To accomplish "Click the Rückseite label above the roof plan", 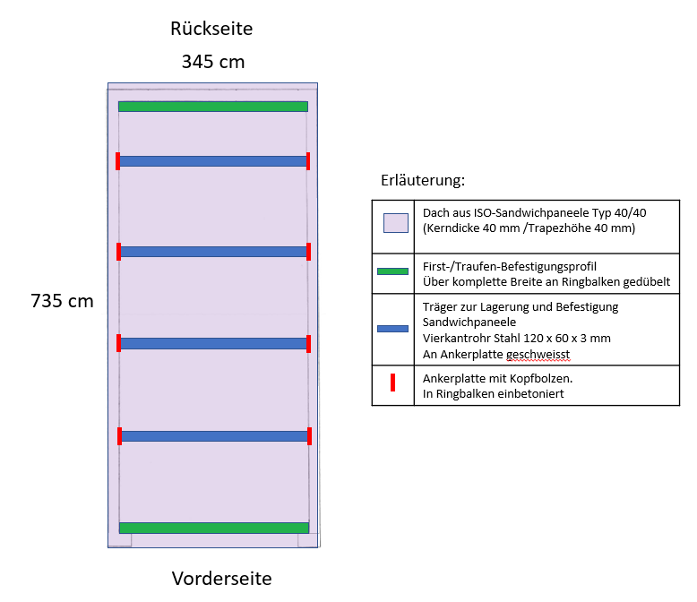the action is click(x=211, y=29).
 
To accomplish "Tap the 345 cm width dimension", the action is click(x=213, y=61).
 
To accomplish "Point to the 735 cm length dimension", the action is click(x=62, y=301).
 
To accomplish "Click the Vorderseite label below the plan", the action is click(x=222, y=579).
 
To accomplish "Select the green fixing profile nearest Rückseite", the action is click(x=213, y=107).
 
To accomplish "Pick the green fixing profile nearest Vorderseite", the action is click(x=214, y=528).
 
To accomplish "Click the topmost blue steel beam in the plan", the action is click(x=213, y=161).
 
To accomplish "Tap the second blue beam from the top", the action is click(x=214, y=252).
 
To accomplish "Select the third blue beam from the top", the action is click(x=214, y=343).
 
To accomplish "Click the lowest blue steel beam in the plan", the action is click(x=215, y=436).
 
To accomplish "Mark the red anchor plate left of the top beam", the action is click(x=117, y=161).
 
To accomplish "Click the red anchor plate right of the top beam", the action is click(x=308, y=161).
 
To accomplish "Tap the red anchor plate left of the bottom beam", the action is click(x=119, y=436).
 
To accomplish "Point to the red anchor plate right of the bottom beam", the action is click(x=309, y=436).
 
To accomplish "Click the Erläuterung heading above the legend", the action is click(x=423, y=180).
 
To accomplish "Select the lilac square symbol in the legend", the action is click(x=396, y=223).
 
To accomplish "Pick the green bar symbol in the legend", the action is click(x=392, y=271).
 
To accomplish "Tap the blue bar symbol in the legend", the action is click(x=392, y=329).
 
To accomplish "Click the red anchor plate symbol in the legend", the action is click(x=393, y=383).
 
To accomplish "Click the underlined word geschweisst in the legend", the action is click(x=538, y=355).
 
